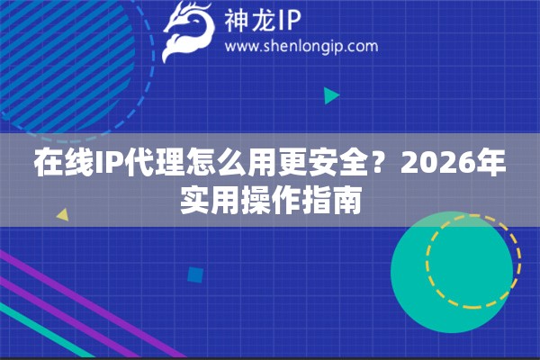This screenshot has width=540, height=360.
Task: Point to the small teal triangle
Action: coord(331,94)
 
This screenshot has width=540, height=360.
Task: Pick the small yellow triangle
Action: coord(62,215)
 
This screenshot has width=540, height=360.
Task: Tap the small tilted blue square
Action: coord(194,274)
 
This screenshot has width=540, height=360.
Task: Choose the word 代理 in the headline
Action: coord(142,166)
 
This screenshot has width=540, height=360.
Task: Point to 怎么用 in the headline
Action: coord(213,166)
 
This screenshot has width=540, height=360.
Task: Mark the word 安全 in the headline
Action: coord(333,166)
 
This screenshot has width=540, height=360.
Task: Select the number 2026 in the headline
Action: coord(431,166)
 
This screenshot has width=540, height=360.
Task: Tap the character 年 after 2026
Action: coord(490,166)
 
